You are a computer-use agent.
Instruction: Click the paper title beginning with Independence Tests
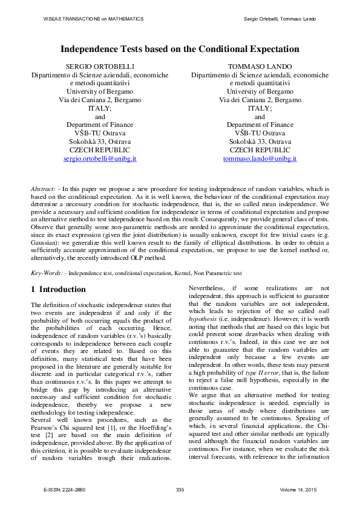click(x=180, y=50)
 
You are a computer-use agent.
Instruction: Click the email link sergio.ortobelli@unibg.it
click(x=100, y=158)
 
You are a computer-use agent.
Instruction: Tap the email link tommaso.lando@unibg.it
click(x=260, y=158)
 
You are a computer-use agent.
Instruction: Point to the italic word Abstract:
click(x=42, y=189)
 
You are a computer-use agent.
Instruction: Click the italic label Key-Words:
click(x=46, y=273)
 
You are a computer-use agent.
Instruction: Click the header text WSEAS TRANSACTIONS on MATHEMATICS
click(x=93, y=19)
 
